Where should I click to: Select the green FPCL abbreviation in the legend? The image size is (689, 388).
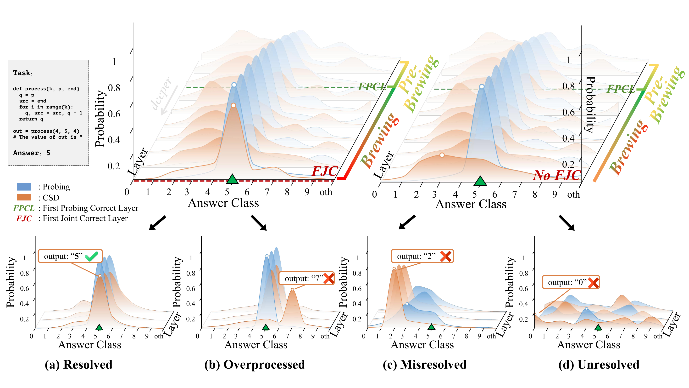point(24,208)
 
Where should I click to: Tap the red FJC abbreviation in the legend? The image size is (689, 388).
point(24,218)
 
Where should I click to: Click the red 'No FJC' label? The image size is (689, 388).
point(557,175)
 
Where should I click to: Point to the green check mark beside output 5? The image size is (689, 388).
point(91,256)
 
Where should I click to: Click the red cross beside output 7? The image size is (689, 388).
point(329,279)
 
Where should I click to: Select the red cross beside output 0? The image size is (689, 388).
point(593,283)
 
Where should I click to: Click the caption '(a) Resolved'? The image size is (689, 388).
point(79,365)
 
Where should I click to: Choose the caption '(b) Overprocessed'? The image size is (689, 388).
point(255,365)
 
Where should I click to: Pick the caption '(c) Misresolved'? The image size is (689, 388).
point(425,365)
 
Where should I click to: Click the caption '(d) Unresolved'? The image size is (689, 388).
point(599,365)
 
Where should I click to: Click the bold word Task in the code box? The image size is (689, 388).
point(22,73)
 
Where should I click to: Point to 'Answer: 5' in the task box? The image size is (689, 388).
point(32,153)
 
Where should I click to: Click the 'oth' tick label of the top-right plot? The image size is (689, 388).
point(573,194)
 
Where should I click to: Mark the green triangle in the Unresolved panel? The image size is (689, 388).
point(598,327)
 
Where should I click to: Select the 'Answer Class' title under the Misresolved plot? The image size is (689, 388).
point(422,345)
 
